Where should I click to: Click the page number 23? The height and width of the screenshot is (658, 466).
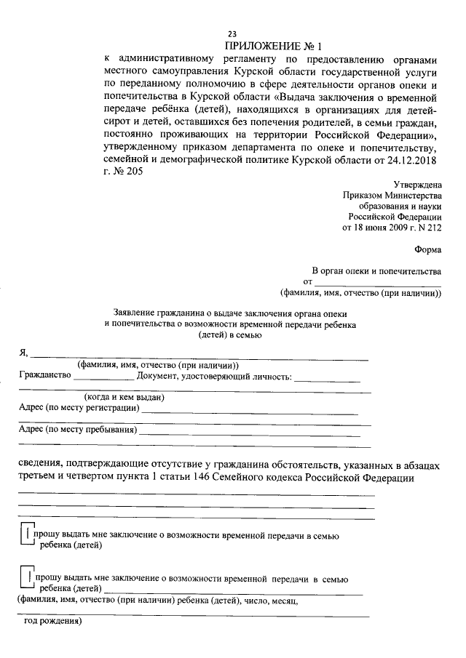pyautogui.click(x=232, y=34)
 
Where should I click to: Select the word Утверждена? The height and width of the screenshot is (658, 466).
pyautogui.click(x=417, y=186)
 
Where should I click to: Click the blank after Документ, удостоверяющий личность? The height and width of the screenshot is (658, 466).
pyautogui.click(x=327, y=378)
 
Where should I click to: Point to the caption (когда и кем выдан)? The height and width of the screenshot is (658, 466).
pyautogui.click(x=124, y=397)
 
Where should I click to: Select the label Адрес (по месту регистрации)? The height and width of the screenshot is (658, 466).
pyautogui.click(x=79, y=409)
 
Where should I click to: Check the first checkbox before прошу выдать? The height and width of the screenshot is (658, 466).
pyautogui.click(x=27, y=537)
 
